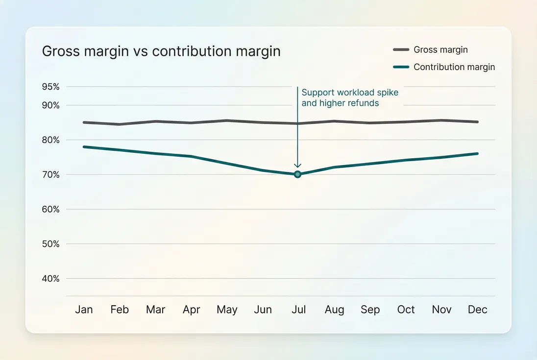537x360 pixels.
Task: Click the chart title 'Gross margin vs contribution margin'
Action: pyautogui.click(x=161, y=51)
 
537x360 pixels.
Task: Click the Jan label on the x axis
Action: pyautogui.click(x=84, y=310)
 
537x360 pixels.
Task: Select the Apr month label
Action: pyautogui.click(x=191, y=310)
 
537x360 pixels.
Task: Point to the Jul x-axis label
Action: pyautogui.click(x=298, y=310)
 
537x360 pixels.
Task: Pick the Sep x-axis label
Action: pyautogui.click(x=370, y=310)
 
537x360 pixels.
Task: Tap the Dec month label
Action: pyautogui.click(x=477, y=310)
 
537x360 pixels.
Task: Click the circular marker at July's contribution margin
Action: pyautogui.click(x=297, y=174)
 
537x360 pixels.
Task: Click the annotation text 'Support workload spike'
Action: pyautogui.click(x=350, y=93)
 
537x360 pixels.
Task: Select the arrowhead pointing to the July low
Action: pyautogui.click(x=297, y=166)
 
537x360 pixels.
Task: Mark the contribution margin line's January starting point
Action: pyautogui.click(x=84, y=147)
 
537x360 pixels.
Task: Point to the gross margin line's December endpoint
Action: pyautogui.click(x=478, y=122)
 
